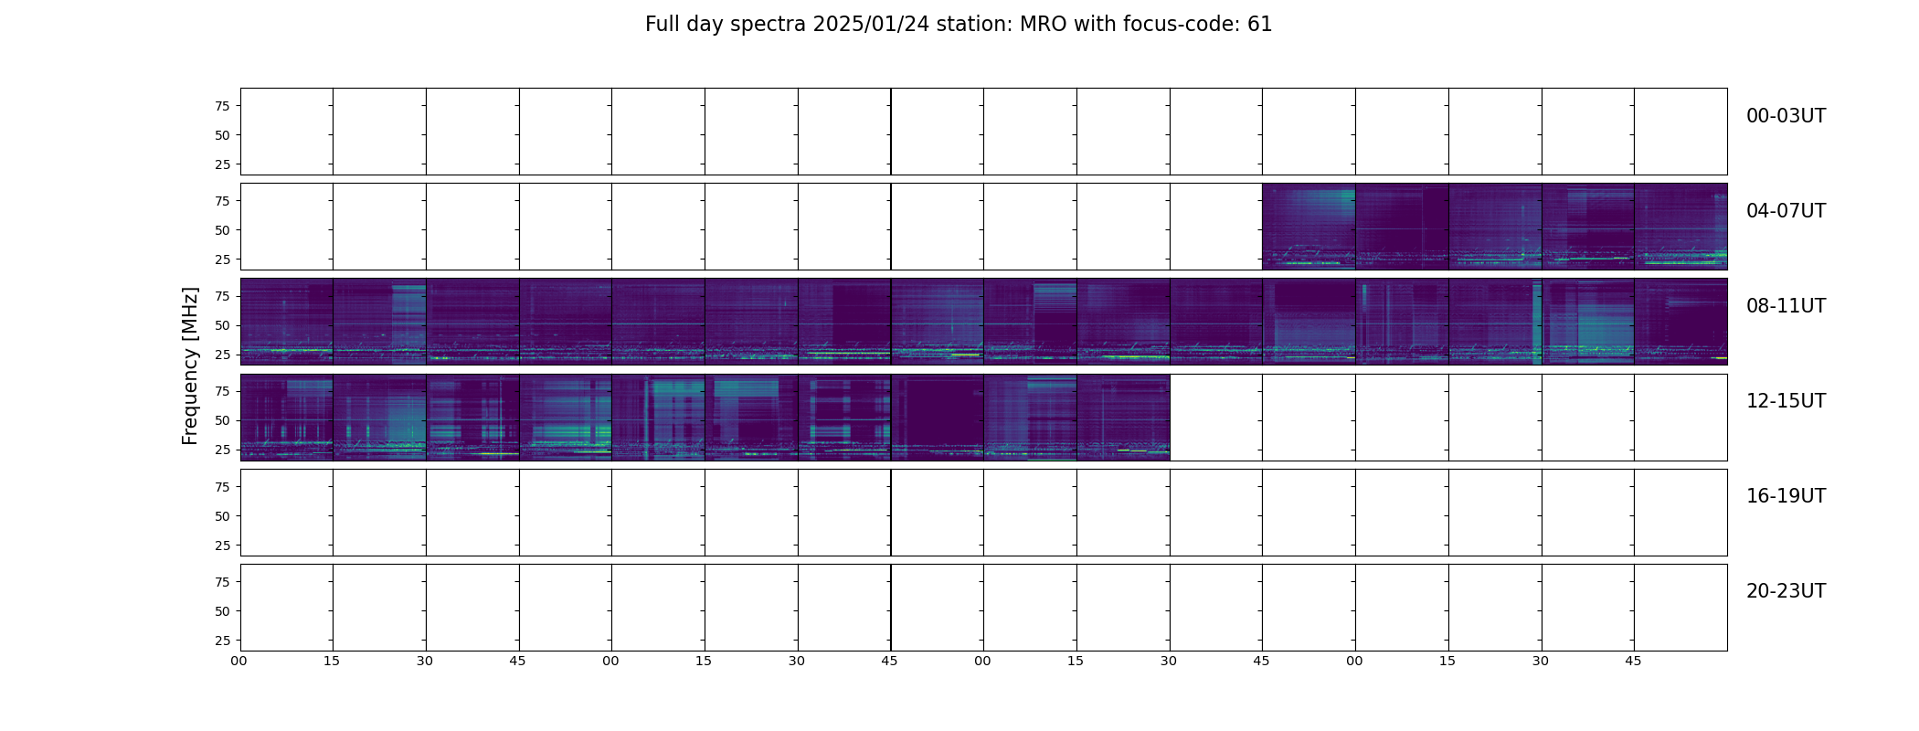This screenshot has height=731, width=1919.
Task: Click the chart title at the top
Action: click(x=959, y=25)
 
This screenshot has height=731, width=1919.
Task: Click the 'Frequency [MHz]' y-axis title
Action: click(x=190, y=365)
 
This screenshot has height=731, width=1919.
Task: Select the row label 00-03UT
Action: click(x=1786, y=116)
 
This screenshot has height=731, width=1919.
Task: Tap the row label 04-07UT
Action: click(x=1786, y=211)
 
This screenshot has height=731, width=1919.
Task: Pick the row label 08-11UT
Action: click(x=1786, y=306)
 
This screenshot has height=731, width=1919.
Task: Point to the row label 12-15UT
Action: click(x=1786, y=401)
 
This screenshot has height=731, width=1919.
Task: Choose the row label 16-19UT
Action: click(x=1786, y=496)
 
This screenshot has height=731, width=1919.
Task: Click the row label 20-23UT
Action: click(x=1786, y=591)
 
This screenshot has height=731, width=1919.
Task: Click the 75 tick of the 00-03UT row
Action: click(x=222, y=106)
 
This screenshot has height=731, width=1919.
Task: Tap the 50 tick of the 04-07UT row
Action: click(x=222, y=230)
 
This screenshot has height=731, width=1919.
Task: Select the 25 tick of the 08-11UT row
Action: click(x=222, y=355)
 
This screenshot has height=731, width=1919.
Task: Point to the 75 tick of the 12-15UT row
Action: click(x=222, y=391)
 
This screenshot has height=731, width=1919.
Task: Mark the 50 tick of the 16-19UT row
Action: click(x=222, y=516)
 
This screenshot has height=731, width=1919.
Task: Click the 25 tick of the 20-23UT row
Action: click(x=222, y=641)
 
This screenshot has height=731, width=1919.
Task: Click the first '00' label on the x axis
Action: click(x=239, y=661)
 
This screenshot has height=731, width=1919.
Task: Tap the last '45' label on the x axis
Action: click(x=1633, y=661)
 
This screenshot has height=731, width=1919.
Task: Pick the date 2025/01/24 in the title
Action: click(x=871, y=25)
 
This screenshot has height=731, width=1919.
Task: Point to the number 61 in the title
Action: click(x=1260, y=25)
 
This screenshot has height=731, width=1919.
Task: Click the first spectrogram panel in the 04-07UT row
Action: click(x=1309, y=227)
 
